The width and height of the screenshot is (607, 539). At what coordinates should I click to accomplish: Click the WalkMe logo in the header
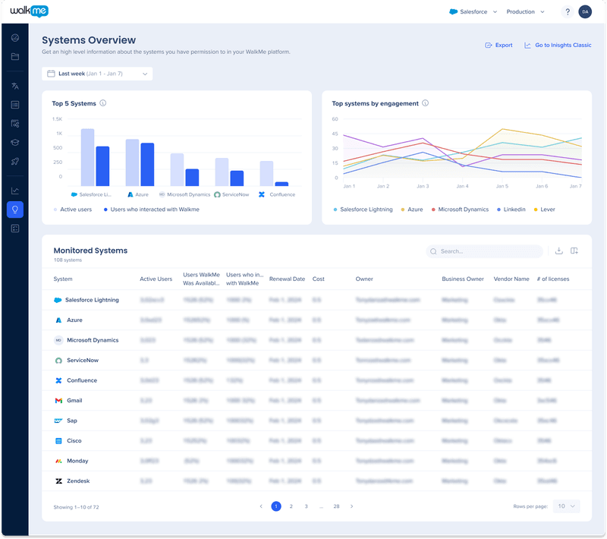tap(30, 11)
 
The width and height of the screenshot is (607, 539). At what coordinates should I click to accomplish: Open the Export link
tap(498, 46)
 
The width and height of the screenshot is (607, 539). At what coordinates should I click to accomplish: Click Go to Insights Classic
tap(558, 46)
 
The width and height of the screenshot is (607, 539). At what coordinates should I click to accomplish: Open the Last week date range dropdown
tap(97, 74)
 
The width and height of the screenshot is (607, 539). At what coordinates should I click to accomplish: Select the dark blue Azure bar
tap(147, 165)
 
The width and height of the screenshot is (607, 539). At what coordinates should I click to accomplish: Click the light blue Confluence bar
tap(266, 173)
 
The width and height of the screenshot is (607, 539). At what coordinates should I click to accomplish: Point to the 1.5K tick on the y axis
tap(58, 119)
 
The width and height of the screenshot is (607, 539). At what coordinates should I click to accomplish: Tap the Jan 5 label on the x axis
tap(502, 186)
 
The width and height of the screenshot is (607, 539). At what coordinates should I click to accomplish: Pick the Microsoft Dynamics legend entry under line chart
tap(461, 209)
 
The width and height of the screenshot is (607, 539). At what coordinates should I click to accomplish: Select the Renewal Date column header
tap(287, 279)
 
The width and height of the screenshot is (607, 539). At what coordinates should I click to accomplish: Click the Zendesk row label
tap(79, 481)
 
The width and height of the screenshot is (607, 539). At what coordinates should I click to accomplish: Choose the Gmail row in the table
tap(74, 400)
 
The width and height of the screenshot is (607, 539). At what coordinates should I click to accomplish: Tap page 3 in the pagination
tap(306, 506)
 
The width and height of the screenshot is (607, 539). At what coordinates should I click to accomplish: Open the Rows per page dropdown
tap(566, 506)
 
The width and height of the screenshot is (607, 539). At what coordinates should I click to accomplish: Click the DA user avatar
tap(584, 11)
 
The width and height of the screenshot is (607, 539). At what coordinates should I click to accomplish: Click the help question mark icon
tap(567, 11)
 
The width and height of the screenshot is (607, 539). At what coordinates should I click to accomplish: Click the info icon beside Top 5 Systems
tap(102, 103)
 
